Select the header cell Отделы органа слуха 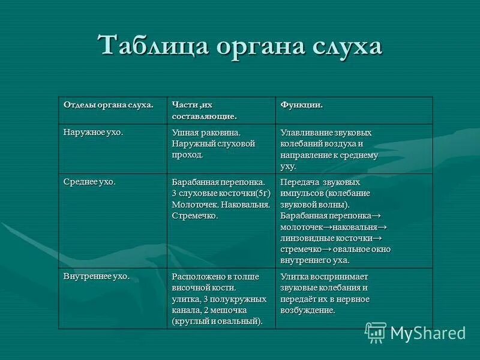pos(109,105)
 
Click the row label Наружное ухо pos(93,132)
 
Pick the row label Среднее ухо pos(89,181)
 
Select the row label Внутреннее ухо pos(96,276)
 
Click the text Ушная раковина pos(206,133)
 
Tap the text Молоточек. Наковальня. pos(220,205)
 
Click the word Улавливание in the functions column pos(308,133)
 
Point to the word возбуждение pos(307,310)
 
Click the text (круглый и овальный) pos(217,321)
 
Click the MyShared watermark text pos(428,333)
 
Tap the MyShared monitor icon pos(376,332)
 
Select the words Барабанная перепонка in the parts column pos(218,182)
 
